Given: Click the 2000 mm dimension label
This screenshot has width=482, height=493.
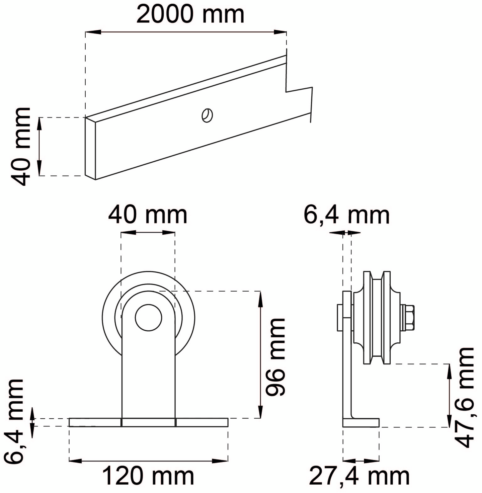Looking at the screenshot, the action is (x=190, y=15).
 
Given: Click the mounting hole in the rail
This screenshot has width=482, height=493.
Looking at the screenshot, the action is (x=207, y=115).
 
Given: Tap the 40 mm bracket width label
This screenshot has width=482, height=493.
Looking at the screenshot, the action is (x=148, y=215).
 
